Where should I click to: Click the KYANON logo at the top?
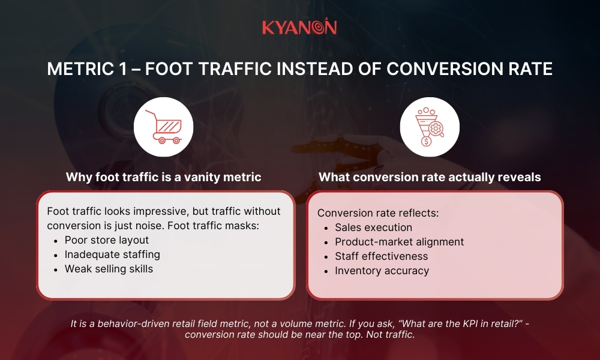[299, 27]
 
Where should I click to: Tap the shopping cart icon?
[163, 127]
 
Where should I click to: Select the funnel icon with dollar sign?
[429, 127]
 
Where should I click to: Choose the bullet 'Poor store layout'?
[107, 240]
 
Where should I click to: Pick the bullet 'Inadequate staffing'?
[112, 254]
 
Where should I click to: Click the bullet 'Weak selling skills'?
[109, 269]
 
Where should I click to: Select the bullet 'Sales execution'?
[373, 227]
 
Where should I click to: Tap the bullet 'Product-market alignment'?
[399, 242]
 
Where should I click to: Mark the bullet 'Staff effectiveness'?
[381, 256]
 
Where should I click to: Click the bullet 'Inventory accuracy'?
[382, 271]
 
